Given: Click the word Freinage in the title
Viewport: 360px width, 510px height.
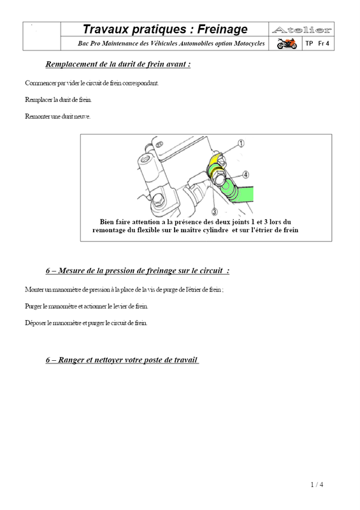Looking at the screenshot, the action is [x=222, y=29].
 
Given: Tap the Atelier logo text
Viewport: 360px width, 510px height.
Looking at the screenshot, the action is [x=302, y=30].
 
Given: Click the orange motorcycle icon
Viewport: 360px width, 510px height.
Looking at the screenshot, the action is [x=287, y=43].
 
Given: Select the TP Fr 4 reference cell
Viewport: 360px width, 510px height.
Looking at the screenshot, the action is [x=317, y=43].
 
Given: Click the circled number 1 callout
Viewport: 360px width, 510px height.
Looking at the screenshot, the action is [x=241, y=143].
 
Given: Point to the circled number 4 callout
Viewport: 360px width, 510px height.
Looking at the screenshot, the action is [x=245, y=175].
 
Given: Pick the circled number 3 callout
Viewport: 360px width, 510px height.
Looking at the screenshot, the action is [x=214, y=212].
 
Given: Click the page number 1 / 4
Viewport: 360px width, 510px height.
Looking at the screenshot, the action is [x=317, y=484].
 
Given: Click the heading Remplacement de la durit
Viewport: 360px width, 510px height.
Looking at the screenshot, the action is [x=118, y=64].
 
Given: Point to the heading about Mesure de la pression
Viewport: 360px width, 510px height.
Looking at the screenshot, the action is [x=138, y=270].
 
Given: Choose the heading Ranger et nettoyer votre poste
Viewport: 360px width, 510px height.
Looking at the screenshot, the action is [x=122, y=360].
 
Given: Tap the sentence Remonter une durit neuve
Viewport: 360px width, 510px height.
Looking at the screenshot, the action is [x=57, y=117].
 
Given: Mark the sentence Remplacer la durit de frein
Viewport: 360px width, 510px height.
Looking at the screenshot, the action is [x=58, y=99].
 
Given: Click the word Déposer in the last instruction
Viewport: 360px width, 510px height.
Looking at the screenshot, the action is [x=36, y=323].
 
